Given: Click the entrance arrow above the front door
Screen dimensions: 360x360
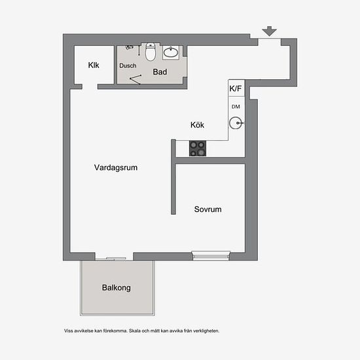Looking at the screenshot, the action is (x=269, y=31).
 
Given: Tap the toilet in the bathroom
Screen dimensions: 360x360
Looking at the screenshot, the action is (x=151, y=52).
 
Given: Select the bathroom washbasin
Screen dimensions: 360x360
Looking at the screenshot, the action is (x=171, y=52).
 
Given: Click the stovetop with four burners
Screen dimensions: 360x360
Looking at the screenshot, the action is (x=198, y=149).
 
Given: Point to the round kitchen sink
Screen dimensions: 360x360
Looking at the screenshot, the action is (x=236, y=123).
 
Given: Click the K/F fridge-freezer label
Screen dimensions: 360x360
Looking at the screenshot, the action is (x=236, y=88).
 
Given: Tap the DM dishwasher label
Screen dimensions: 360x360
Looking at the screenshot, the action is (x=236, y=107).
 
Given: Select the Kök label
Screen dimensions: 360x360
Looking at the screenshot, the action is (x=197, y=125).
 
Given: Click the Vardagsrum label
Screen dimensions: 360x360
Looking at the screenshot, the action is (x=116, y=168).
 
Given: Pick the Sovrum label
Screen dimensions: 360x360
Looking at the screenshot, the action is (x=207, y=209).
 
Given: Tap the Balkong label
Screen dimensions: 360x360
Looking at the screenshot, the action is (x=117, y=288).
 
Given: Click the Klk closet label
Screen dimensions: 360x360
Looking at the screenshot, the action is (x=94, y=65).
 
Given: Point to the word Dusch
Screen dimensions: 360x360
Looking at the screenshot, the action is (x=128, y=65).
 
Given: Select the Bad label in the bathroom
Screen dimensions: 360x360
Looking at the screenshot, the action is (x=160, y=72).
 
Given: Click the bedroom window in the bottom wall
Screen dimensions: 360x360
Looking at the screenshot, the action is (x=211, y=256).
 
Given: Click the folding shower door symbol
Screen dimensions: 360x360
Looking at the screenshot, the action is (x=135, y=79).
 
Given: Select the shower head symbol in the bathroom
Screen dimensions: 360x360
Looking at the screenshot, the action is (x=129, y=47).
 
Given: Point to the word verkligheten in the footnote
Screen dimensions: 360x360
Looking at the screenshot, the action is (x=206, y=331).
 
